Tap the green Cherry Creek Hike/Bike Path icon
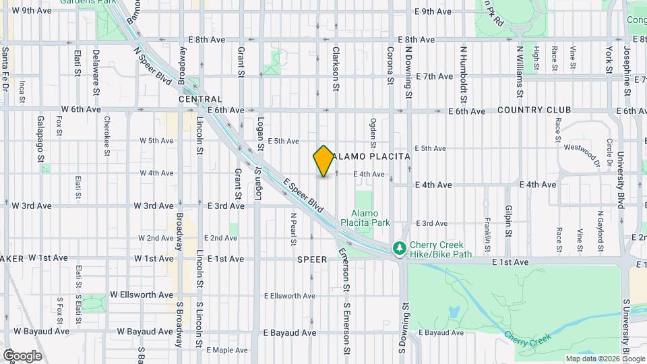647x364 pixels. (399, 249)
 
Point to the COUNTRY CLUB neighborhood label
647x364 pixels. (534, 110)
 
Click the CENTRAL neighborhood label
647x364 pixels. (200, 99)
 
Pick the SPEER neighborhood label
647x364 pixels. (312, 259)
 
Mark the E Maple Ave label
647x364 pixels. (227, 350)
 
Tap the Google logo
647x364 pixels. (22, 356)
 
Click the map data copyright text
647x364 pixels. (605, 359)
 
